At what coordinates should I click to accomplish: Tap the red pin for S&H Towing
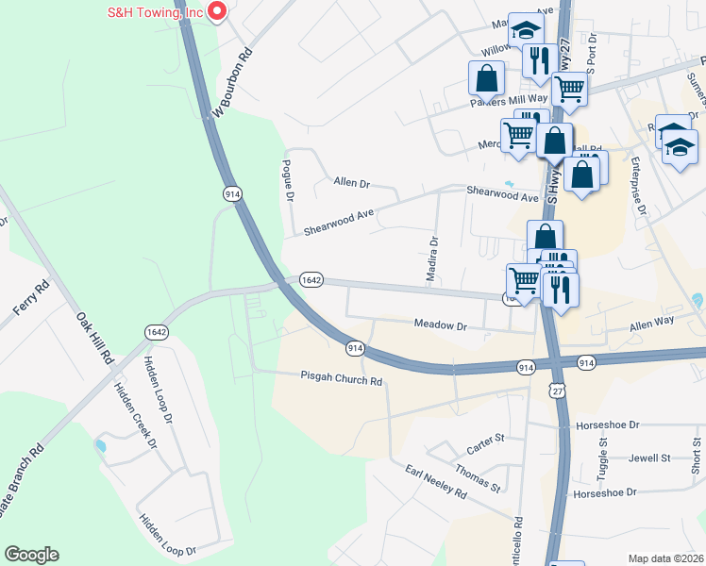pyautogui.click(x=217, y=11)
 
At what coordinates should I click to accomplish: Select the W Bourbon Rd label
pyautogui.click(x=233, y=83)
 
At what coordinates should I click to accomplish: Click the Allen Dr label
pyautogui.click(x=351, y=182)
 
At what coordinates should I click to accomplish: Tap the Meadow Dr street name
pyautogui.click(x=441, y=325)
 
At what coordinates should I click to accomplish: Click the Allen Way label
pyautogui.click(x=652, y=324)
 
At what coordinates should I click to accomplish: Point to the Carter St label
pyautogui.click(x=487, y=439)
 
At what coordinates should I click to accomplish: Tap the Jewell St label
pyautogui.click(x=649, y=458)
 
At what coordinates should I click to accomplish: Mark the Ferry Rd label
pyautogui.click(x=29, y=299)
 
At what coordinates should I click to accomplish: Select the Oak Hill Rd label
pyautogui.click(x=94, y=332)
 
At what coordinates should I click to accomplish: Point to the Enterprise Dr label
pyautogui.click(x=640, y=185)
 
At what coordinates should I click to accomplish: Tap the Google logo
pyautogui.click(x=32, y=555)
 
